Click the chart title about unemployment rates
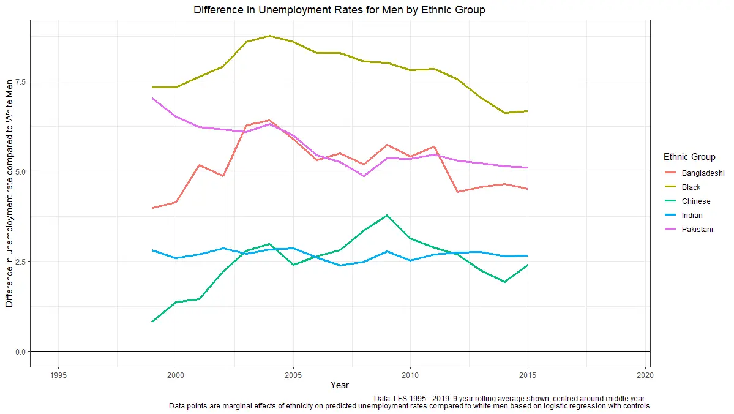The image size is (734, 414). [339, 10]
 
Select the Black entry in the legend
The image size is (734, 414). [691, 187]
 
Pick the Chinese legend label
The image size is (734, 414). [695, 201]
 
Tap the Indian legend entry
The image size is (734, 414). [692, 216]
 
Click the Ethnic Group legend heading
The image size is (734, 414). [689, 157]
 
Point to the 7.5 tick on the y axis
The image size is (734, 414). [20, 81]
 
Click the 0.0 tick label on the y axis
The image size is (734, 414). [20, 352]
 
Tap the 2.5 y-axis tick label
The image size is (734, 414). [20, 262]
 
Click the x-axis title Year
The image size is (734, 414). [339, 385]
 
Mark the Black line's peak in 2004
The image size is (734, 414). [269, 36]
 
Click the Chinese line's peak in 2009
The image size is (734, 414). [387, 215]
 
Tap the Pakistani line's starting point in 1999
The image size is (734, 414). [152, 98]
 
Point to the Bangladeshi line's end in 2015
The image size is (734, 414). [527, 189]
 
